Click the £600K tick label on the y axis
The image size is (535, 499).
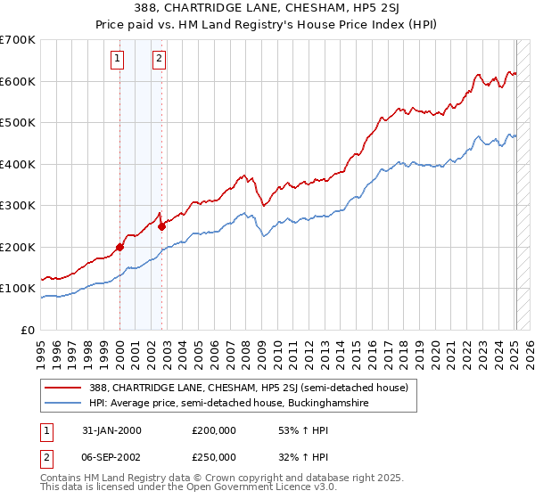(x=17, y=81)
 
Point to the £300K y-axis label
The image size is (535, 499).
(x=17, y=206)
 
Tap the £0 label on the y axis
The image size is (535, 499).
(x=29, y=331)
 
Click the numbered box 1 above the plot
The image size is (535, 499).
(x=118, y=60)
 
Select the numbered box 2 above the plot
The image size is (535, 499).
(x=159, y=60)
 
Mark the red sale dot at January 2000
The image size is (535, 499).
(x=119, y=247)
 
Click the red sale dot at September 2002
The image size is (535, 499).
(x=161, y=226)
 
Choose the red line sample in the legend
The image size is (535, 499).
(x=62, y=389)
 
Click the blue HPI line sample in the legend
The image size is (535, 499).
(x=62, y=404)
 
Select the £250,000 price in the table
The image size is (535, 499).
(x=214, y=456)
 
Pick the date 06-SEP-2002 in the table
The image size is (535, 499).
(x=111, y=456)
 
